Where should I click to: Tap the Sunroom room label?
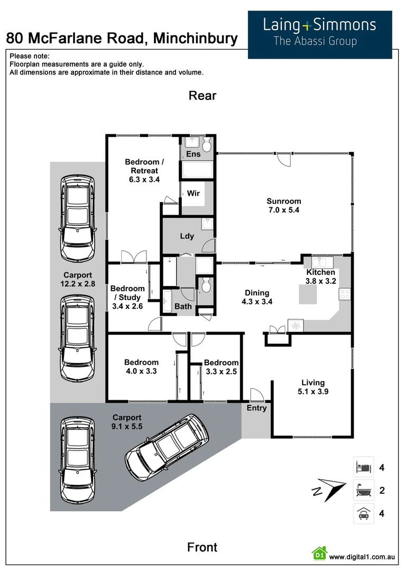[284, 206]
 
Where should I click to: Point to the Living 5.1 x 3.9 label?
[313, 387]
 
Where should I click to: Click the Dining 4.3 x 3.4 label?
[257, 297]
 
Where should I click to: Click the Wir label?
[193, 194]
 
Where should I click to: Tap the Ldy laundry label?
[187, 236]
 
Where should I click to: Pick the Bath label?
[183, 307]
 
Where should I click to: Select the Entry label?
[257, 408]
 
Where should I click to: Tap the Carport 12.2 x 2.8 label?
[78, 280]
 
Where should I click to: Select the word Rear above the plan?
[203, 96]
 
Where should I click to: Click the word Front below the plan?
[203, 547]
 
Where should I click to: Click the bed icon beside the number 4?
[363, 467]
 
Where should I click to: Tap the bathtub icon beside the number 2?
[363, 490]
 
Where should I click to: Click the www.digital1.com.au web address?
[362, 557]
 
